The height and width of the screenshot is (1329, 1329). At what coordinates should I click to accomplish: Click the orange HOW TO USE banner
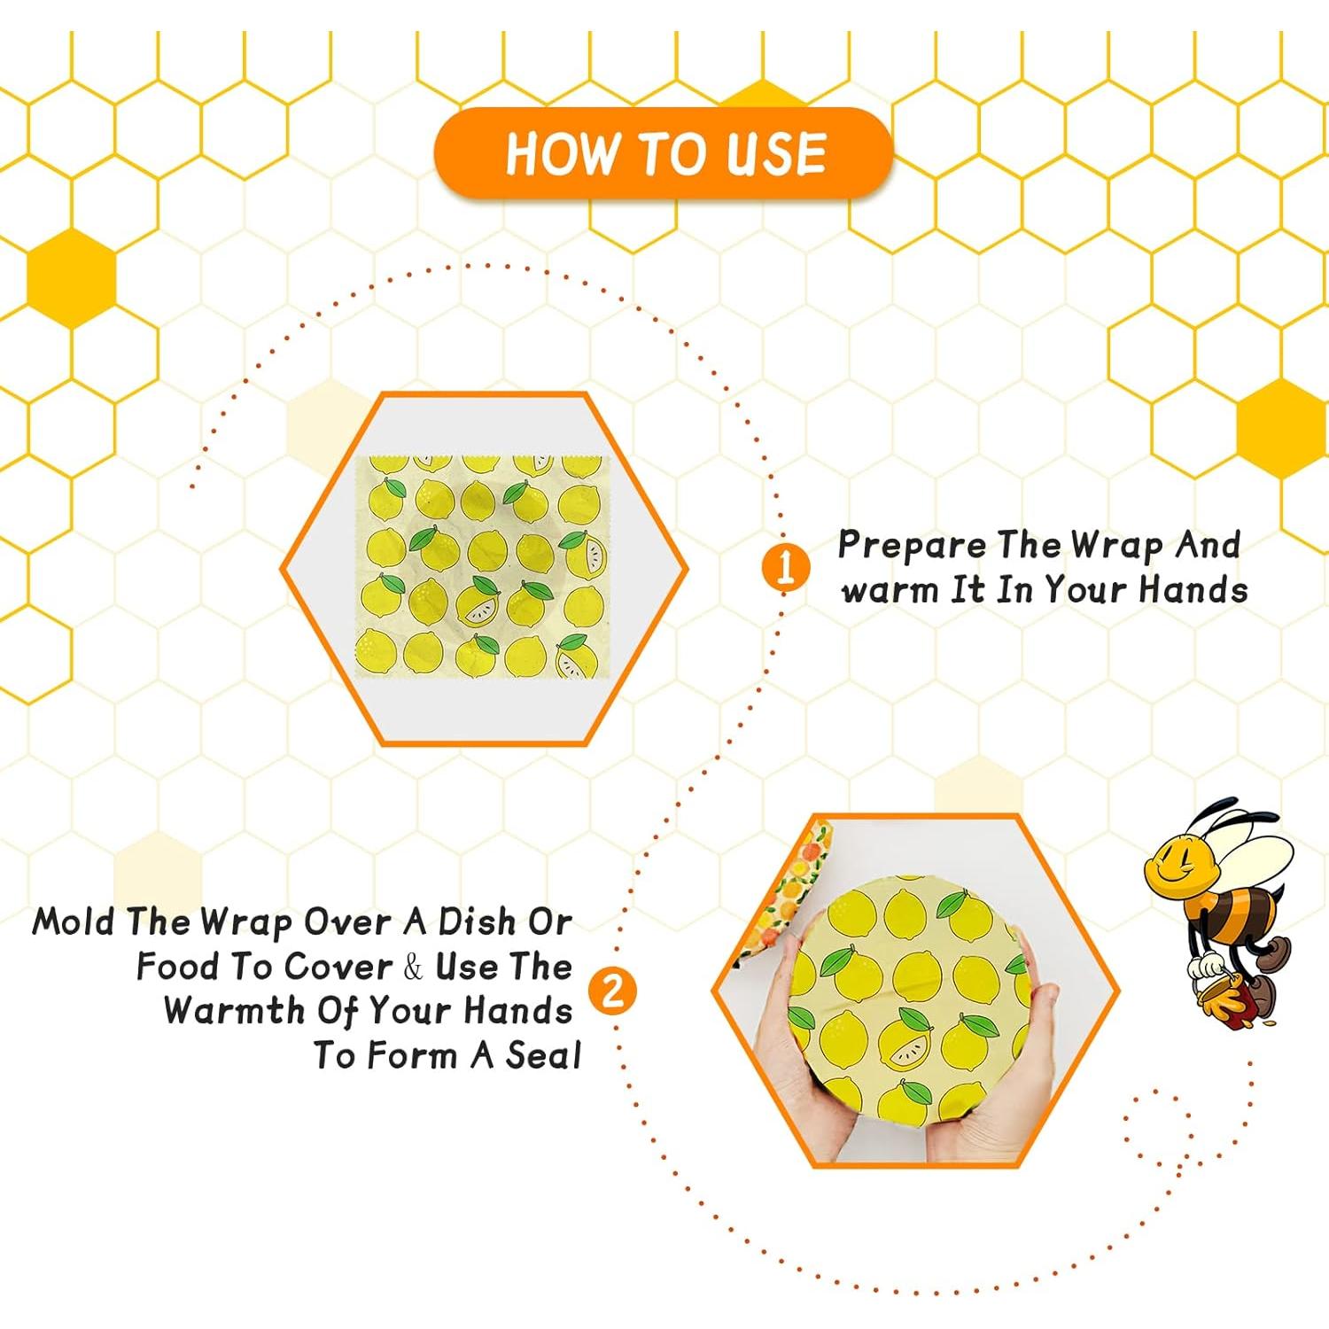[663, 153]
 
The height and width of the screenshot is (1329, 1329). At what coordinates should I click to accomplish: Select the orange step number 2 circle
[613, 990]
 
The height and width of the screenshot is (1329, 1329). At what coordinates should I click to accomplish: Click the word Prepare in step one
[912, 547]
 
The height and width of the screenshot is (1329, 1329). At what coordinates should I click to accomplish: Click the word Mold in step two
[73, 922]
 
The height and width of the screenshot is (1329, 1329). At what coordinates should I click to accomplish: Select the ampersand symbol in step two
[413, 968]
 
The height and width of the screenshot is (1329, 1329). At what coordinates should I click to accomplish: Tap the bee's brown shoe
[1277, 955]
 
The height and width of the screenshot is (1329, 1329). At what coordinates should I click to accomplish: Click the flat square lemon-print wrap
[479, 567]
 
